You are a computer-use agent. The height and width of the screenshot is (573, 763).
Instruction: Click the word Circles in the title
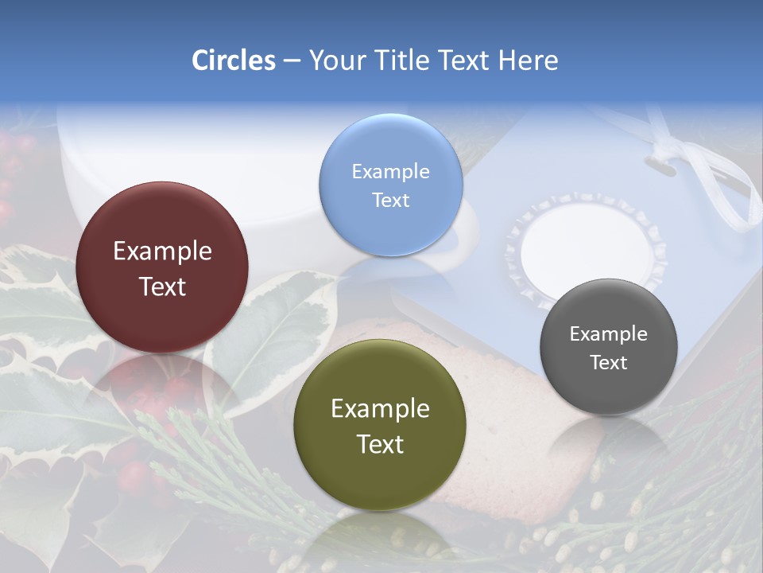tap(233, 60)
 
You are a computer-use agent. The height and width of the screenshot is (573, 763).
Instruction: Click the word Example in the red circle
tap(162, 251)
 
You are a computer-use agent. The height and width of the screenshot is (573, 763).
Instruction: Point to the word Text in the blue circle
tap(390, 200)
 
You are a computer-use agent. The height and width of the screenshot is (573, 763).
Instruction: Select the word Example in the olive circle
tap(380, 409)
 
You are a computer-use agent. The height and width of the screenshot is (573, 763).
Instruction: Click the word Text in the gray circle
tap(609, 363)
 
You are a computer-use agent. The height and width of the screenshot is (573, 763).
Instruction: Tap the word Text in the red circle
tap(162, 286)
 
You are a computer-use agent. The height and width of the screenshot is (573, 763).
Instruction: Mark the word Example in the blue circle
tap(390, 171)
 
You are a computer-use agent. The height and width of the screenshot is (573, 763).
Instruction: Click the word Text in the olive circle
tap(380, 444)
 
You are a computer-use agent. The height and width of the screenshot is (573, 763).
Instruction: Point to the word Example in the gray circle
tap(609, 334)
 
